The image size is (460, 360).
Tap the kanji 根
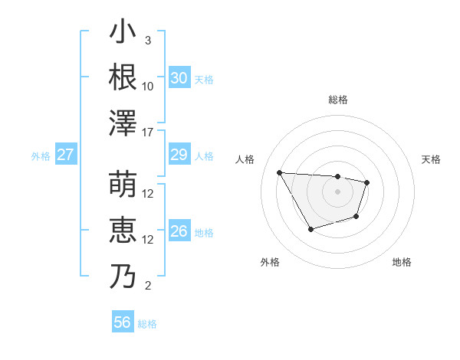point(123,77)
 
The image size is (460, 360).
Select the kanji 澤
point(123,122)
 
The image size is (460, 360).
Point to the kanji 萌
point(123,184)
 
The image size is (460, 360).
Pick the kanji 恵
point(123,230)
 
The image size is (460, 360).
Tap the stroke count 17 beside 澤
point(149,133)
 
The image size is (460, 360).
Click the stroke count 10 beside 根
point(148,87)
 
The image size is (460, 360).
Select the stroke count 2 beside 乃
point(148,286)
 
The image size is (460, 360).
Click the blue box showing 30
point(179,78)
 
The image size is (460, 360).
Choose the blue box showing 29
point(179,155)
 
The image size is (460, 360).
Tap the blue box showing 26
point(179,232)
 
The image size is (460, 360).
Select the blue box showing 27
point(66,155)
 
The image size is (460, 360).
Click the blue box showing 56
point(122,322)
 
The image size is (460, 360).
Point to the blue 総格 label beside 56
point(147,324)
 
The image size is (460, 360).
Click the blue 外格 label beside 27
point(41,156)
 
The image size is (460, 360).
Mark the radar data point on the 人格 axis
point(279,172)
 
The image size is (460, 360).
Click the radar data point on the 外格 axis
point(310,229)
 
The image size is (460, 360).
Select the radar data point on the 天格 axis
point(367,182)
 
